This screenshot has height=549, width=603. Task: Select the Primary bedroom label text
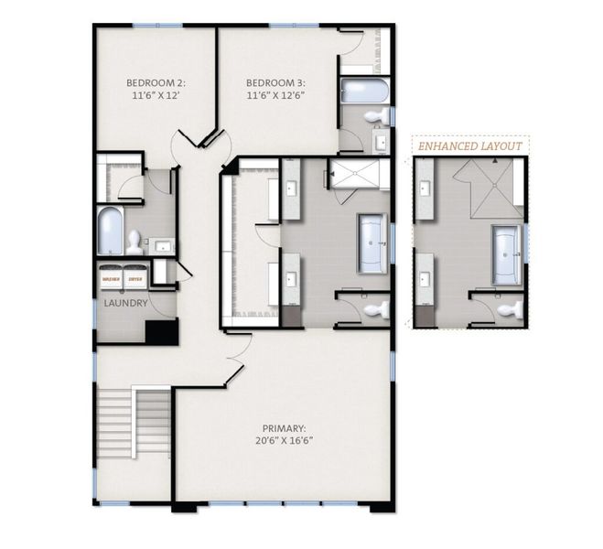(284, 427)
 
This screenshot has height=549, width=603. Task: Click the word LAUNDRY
(125, 303)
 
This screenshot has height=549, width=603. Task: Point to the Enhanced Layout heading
(469, 146)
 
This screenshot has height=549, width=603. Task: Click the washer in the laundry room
(111, 275)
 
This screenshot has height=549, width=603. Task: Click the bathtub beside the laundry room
(110, 230)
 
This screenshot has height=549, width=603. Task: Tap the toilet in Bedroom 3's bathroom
(374, 116)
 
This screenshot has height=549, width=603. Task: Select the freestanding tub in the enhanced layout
(505, 253)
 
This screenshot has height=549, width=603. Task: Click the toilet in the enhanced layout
(511, 309)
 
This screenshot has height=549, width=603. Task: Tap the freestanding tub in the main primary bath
(371, 243)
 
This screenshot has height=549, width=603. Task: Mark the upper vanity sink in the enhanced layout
(425, 188)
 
